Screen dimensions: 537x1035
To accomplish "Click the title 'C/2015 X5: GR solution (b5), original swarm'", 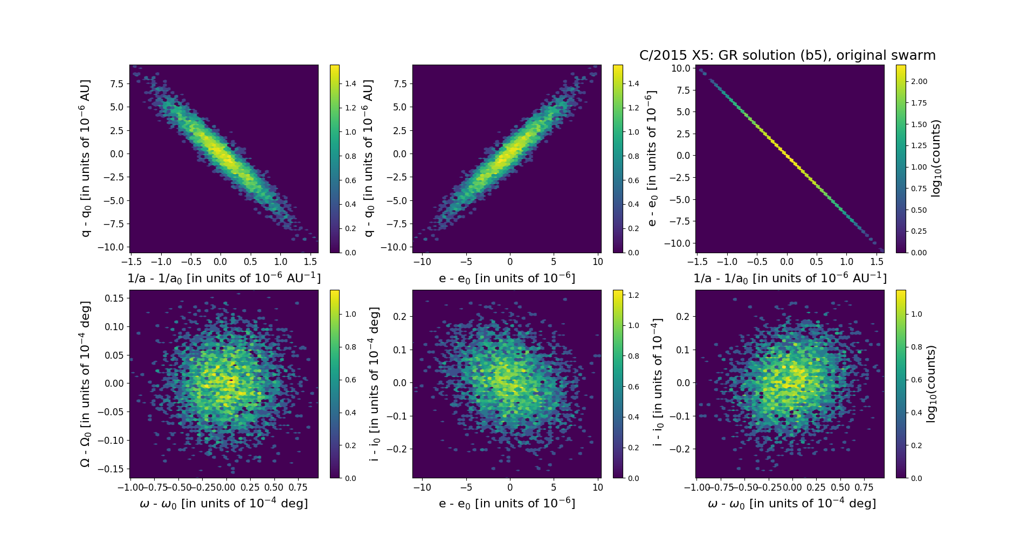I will (x=787, y=55).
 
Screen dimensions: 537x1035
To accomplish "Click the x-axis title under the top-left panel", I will (x=224, y=278).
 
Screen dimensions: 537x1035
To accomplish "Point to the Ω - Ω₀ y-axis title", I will (x=85, y=384).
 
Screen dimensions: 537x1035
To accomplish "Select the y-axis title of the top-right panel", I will (x=652, y=158).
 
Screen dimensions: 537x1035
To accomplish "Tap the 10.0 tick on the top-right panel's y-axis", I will (x=680, y=68).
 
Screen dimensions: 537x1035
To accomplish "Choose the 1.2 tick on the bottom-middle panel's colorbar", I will (x=633, y=295).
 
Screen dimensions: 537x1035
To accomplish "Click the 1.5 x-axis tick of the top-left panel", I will (x=310, y=262).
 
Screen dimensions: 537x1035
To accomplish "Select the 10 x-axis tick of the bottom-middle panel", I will (x=598, y=487).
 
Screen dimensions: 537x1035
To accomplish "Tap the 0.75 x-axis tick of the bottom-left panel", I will (x=298, y=487).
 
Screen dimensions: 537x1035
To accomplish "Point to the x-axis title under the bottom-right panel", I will (x=791, y=504).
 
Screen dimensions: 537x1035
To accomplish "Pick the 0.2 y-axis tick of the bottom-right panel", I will (x=682, y=317).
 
